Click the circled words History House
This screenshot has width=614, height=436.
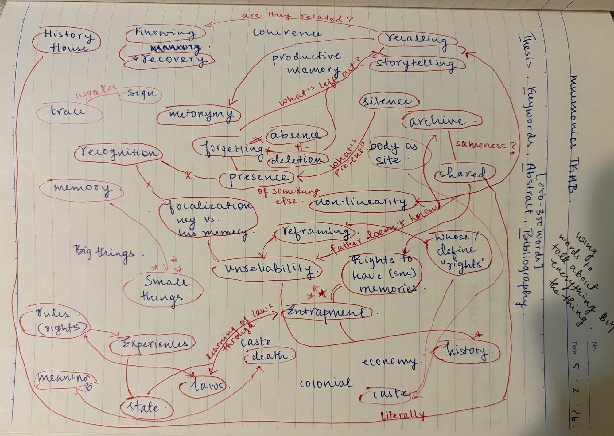[67, 41]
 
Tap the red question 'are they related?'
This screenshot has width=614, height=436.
[297, 17]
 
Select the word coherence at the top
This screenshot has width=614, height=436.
[287, 33]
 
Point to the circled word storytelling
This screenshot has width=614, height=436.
[416, 64]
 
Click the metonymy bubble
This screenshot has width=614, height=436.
[200, 115]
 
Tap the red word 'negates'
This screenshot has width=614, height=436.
[96, 91]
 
